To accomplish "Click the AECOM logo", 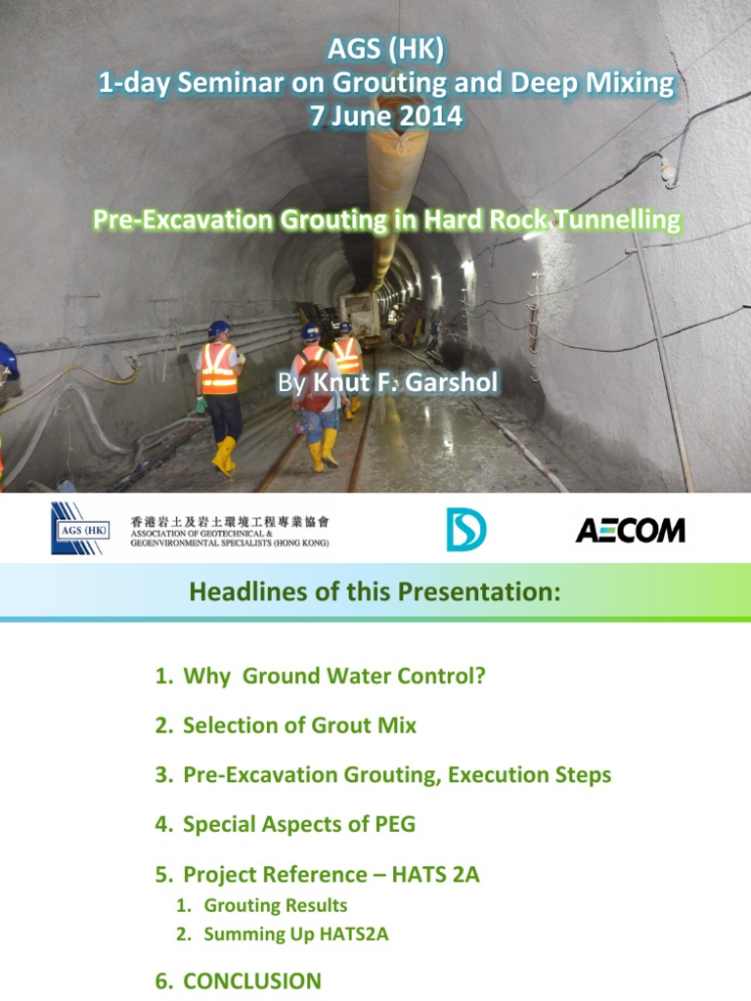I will pos(630,530).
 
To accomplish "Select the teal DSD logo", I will pos(466,529).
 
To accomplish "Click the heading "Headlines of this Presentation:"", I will pos(375,591).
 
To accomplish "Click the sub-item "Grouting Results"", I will pos(275,905).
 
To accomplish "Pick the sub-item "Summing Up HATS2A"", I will pos(295,934).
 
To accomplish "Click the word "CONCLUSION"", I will pos(252,980).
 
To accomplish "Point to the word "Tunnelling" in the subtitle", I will pos(623,220).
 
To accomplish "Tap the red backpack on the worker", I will pos(315,388).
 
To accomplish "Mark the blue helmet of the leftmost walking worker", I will pos(218,329).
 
